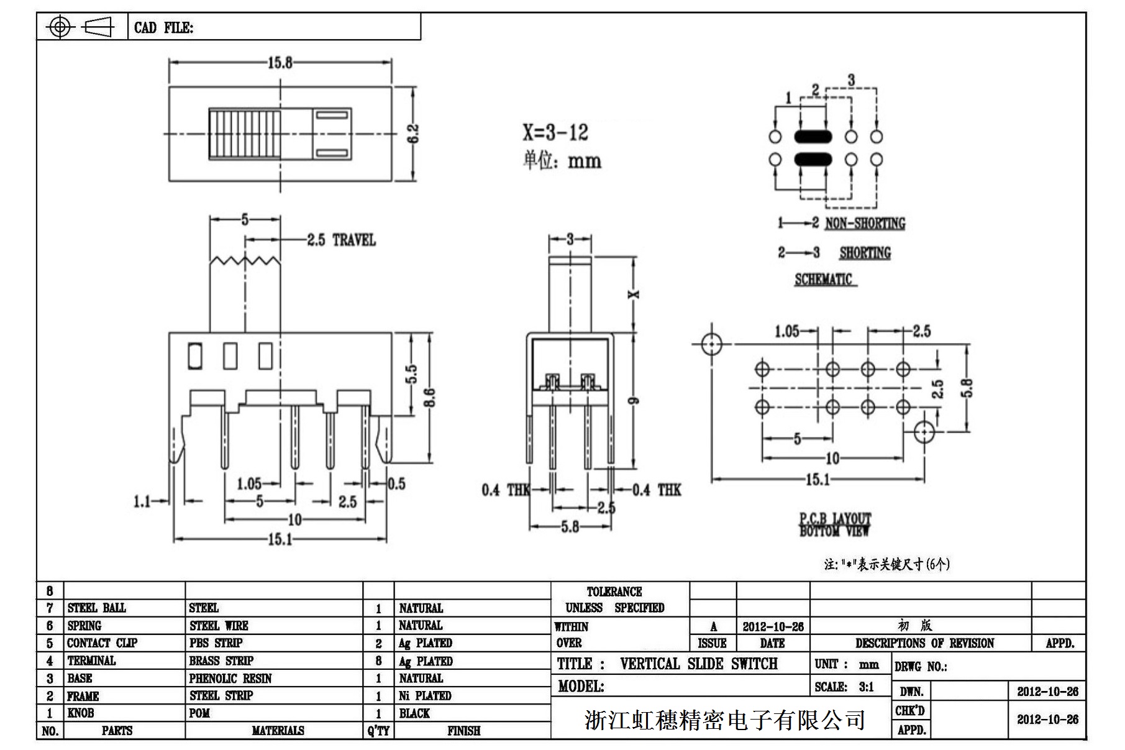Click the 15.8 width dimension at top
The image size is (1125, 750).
[x=280, y=63]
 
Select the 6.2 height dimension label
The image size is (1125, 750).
[x=413, y=134]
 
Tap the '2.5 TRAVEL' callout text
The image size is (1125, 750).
[x=341, y=240]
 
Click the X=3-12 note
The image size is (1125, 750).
[x=555, y=132]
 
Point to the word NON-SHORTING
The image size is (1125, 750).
[x=865, y=223]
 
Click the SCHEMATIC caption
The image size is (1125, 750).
[x=823, y=279]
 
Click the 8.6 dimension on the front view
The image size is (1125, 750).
[x=429, y=398]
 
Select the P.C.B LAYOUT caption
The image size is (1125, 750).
[x=835, y=518]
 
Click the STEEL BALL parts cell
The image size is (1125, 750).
[x=96, y=608]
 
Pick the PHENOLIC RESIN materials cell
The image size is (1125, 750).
[x=230, y=679]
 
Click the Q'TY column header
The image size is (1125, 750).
[x=378, y=731]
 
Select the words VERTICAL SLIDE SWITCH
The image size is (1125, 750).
[x=698, y=664]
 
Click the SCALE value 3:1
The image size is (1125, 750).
[x=866, y=687]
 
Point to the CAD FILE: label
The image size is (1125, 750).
[x=163, y=28]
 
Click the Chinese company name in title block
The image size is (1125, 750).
[x=724, y=720]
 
